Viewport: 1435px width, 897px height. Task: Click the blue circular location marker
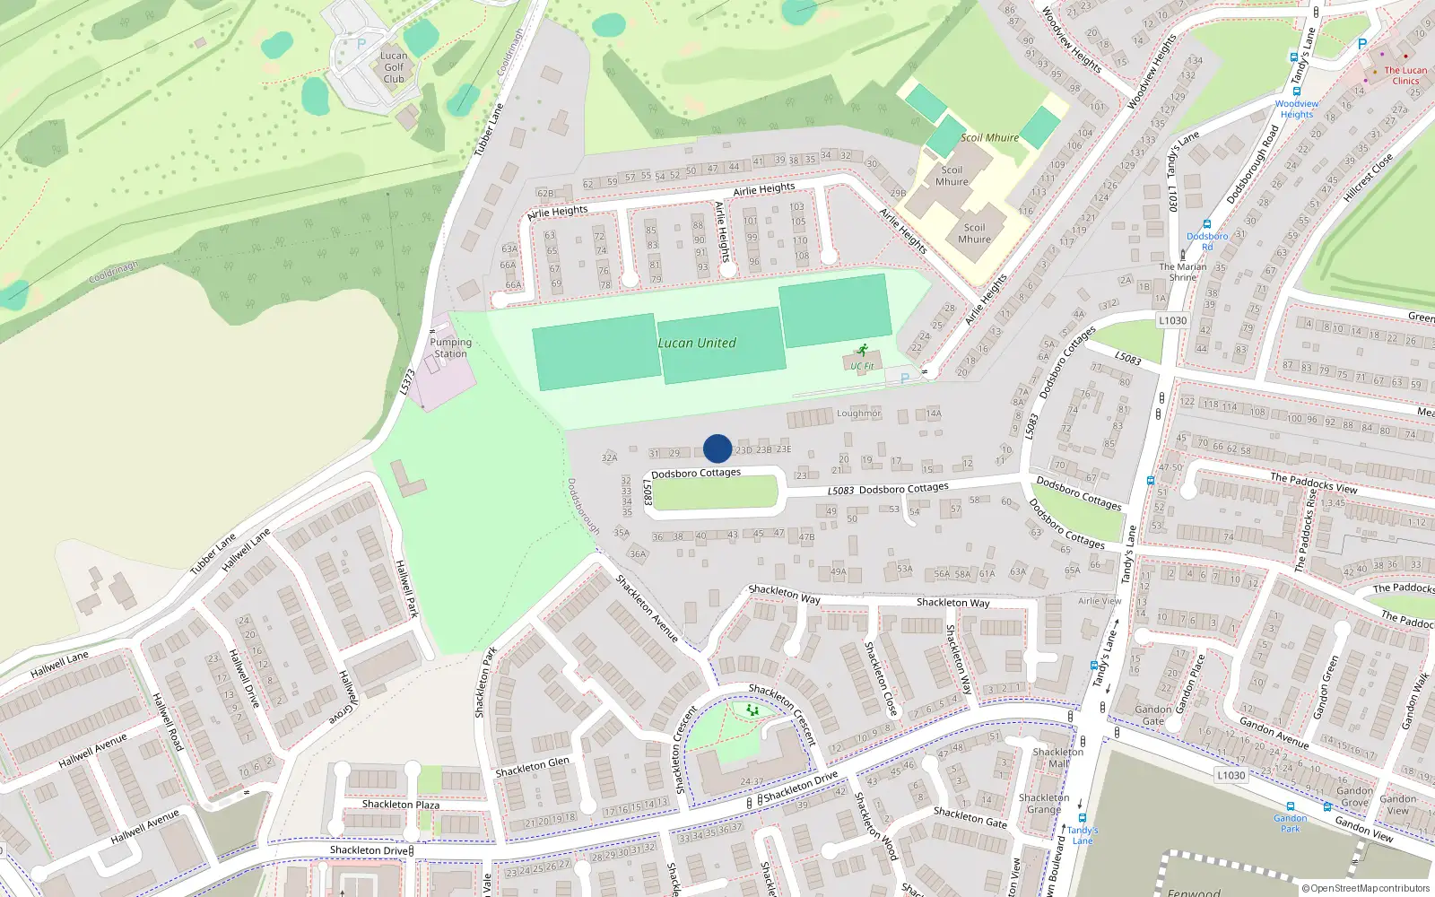point(717,448)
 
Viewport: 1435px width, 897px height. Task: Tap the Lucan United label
point(697,344)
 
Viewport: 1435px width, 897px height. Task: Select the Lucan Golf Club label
point(394,67)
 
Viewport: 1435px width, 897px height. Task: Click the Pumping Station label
point(450,348)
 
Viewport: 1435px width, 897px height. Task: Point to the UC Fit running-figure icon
point(862,351)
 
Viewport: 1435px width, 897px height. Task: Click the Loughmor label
point(858,414)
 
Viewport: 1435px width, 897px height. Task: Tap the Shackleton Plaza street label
point(401,805)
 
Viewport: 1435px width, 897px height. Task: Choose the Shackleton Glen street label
point(533,767)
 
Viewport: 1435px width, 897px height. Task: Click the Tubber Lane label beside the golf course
point(490,129)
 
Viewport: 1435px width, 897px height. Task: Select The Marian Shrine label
point(1182,272)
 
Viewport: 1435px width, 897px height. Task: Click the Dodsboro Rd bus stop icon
point(1207,225)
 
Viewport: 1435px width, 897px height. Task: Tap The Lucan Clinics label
point(1405,75)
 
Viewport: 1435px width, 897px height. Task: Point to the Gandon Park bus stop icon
point(1291,806)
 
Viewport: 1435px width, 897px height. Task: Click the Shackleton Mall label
point(1058,758)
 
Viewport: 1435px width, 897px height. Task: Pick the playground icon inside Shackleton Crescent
point(752,710)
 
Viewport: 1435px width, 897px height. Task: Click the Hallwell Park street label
point(407,588)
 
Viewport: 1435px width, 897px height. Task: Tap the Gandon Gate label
point(1153,715)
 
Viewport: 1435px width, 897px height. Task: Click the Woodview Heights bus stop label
point(1296,109)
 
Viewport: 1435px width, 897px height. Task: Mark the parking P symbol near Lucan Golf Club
point(361,43)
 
